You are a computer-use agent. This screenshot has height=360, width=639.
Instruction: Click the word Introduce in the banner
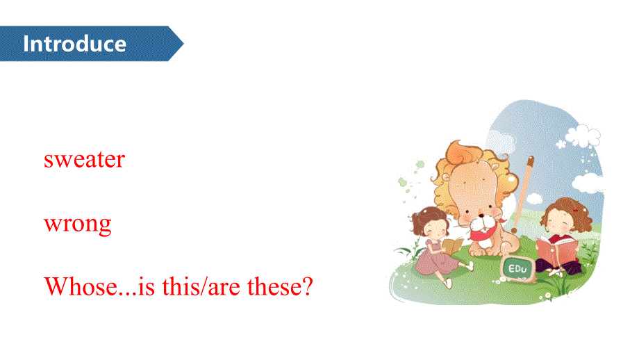(74, 44)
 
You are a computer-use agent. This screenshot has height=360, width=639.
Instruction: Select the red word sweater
(84, 160)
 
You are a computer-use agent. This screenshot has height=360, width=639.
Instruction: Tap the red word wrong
(77, 224)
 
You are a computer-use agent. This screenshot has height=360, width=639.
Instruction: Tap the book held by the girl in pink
(454, 245)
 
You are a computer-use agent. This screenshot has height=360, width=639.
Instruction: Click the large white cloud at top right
(583, 136)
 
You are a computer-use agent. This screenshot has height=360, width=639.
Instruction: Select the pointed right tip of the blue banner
(183, 44)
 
